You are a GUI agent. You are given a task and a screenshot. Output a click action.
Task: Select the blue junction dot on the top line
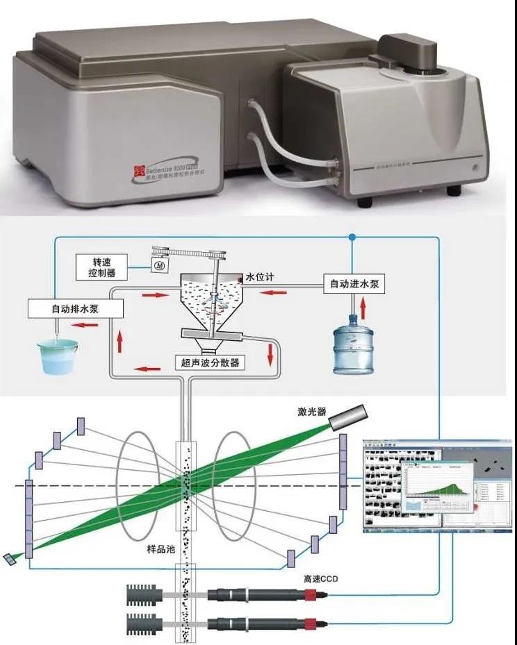point(354,237)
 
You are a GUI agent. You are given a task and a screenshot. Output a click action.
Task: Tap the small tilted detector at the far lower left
point(9,560)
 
